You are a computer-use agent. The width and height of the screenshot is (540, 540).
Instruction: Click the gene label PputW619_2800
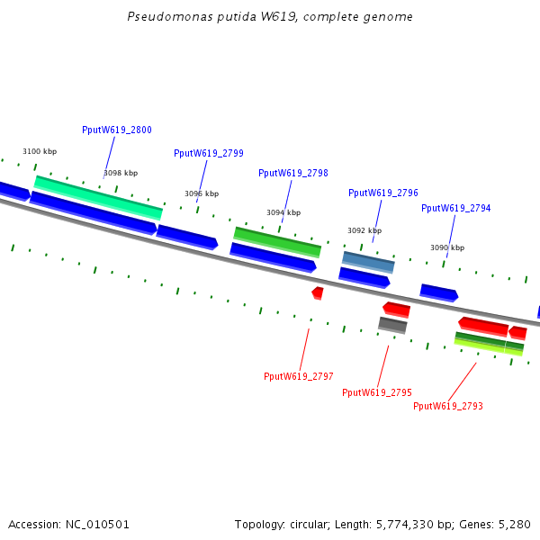click(x=117, y=130)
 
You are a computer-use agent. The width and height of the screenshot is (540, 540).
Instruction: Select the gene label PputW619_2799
click(x=209, y=153)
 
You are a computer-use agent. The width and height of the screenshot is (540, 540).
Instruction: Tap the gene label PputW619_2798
click(x=293, y=173)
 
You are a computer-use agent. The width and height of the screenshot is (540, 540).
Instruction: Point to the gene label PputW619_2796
click(x=383, y=193)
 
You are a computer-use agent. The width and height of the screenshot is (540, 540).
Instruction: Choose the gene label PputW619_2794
click(x=456, y=208)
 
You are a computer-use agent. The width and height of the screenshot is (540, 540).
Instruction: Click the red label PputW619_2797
click(x=299, y=376)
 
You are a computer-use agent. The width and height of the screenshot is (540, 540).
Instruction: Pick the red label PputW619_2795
click(x=377, y=392)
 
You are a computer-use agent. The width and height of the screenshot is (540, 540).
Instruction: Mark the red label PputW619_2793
click(x=448, y=406)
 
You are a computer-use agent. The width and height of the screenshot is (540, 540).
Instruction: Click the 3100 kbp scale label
click(x=40, y=151)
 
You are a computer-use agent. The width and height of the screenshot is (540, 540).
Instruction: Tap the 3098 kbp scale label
click(x=121, y=173)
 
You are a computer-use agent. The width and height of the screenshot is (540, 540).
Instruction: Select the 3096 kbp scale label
click(x=202, y=193)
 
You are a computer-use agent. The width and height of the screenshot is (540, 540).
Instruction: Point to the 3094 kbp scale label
click(x=283, y=212)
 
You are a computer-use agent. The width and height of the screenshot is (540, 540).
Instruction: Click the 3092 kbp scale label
click(x=364, y=230)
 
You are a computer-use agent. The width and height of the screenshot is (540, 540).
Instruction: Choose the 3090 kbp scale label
click(x=447, y=247)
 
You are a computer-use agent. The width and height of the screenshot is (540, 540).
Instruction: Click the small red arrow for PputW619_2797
click(x=318, y=292)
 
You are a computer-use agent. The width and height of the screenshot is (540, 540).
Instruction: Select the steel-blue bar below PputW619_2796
click(x=368, y=262)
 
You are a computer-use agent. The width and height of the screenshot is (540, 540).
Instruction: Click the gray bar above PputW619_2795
click(x=392, y=325)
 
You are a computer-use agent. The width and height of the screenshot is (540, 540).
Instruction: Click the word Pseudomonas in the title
click(x=160, y=17)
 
